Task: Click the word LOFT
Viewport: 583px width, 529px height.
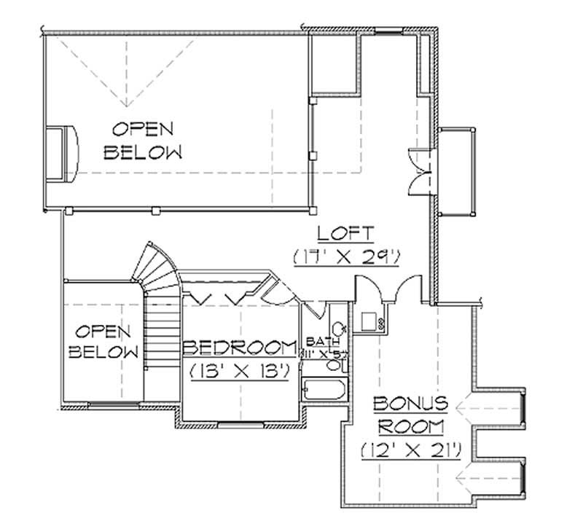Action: tap(346, 234)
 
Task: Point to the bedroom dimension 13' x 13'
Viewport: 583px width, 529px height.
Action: tap(240, 370)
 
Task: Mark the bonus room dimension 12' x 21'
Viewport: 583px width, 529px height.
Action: tap(410, 450)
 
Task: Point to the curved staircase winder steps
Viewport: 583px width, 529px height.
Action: tap(157, 266)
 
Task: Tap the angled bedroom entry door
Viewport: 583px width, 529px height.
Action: tap(277, 291)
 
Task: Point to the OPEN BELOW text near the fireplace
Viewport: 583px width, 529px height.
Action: tap(142, 141)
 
